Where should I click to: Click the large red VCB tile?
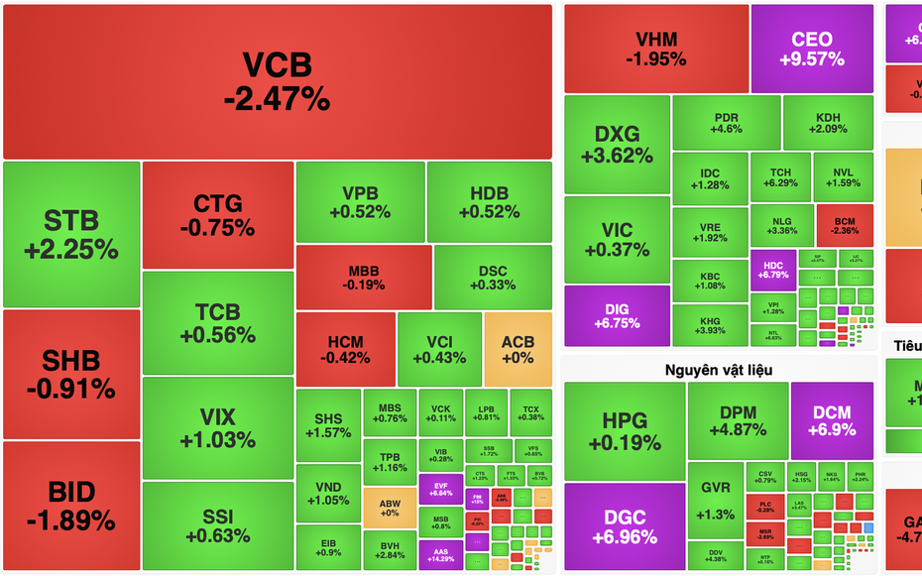[x=277, y=81]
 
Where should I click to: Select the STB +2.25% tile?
[x=71, y=234]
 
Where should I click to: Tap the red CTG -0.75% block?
[x=217, y=215]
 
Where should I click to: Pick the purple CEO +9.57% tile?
[x=812, y=49]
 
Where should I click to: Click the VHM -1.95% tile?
[x=655, y=49]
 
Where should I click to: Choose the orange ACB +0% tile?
[x=518, y=349]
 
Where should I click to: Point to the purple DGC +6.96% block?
[x=625, y=526]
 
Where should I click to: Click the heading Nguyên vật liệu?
[x=719, y=370]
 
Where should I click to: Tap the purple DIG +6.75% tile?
[x=617, y=315]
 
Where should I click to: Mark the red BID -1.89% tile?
[x=71, y=506]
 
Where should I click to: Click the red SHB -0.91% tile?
[x=71, y=374]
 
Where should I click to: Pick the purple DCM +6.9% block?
[x=832, y=420]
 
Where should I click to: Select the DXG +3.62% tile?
[x=617, y=145]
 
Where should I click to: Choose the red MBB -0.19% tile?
[x=363, y=278]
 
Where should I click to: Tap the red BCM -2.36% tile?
[x=845, y=225]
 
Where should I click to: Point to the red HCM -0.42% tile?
[x=345, y=349]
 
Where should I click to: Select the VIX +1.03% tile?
[x=217, y=428]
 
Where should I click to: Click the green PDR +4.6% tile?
[x=727, y=123]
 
